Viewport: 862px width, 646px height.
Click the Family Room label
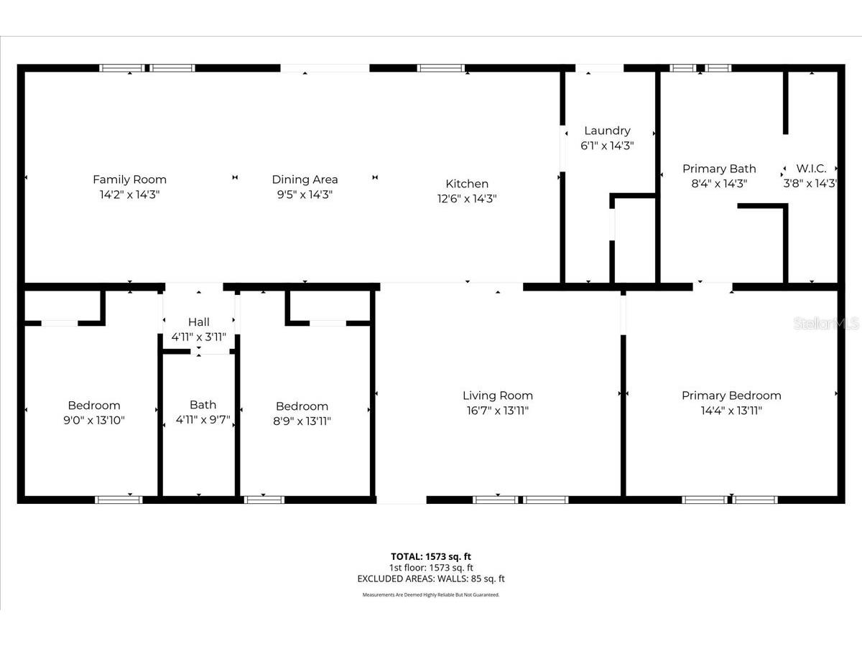[x=129, y=179]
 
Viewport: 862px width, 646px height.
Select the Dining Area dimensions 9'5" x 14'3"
[x=305, y=195]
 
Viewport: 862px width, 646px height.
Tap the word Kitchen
[x=467, y=184]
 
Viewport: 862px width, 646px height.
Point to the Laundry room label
[x=607, y=131]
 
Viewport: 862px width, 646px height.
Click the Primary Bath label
[x=718, y=169]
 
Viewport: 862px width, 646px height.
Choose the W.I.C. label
[x=811, y=169]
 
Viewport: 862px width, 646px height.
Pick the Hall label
[x=199, y=322]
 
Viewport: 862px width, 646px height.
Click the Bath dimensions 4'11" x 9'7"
[x=203, y=420]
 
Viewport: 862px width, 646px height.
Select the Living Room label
[x=497, y=395]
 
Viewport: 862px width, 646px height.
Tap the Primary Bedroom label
[x=731, y=395]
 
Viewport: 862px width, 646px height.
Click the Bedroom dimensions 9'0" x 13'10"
[x=94, y=421]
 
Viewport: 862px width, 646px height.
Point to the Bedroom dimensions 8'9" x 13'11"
[x=302, y=421]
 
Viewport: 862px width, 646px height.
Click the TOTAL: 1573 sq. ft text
[x=430, y=556]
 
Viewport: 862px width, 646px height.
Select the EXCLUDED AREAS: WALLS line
[x=430, y=579]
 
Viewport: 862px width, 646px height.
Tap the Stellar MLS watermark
[x=825, y=324]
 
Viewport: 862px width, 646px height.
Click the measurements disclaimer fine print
[x=430, y=595]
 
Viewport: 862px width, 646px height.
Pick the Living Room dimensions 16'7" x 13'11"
[x=497, y=411]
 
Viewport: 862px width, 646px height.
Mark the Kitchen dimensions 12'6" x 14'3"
[x=467, y=199]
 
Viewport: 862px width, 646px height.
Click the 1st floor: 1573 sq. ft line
[x=430, y=567]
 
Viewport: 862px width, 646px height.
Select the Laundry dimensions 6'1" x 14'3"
[x=607, y=145]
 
